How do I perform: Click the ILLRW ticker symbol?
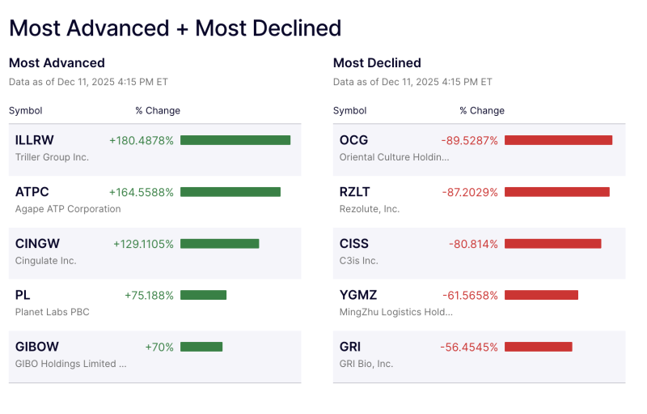click(x=35, y=140)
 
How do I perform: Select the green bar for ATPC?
click(x=230, y=192)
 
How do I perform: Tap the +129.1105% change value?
click(x=143, y=244)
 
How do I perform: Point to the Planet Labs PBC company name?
click(x=53, y=312)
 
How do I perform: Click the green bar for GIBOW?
click(x=201, y=347)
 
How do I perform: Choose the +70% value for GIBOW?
click(x=159, y=347)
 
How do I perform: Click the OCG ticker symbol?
click(x=353, y=140)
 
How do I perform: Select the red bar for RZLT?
click(x=556, y=192)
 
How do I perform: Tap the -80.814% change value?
click(x=473, y=244)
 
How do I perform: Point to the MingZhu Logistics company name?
click(x=395, y=312)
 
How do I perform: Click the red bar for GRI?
click(x=538, y=347)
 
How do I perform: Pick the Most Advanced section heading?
click(x=57, y=63)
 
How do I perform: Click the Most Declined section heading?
click(x=377, y=63)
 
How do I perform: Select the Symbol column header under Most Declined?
click(x=349, y=110)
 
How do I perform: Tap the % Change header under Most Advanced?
click(x=158, y=110)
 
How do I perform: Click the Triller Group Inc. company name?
click(x=52, y=157)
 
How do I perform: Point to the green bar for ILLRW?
click(x=235, y=140)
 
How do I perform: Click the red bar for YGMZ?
click(x=541, y=295)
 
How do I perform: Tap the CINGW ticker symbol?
click(x=37, y=244)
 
